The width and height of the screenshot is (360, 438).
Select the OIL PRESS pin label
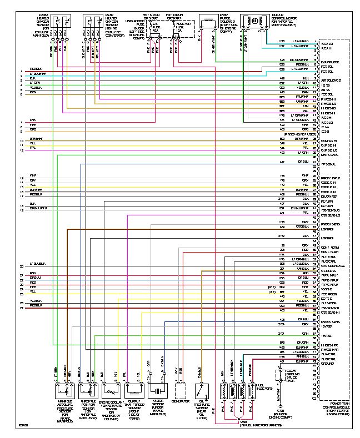pos(329,270)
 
